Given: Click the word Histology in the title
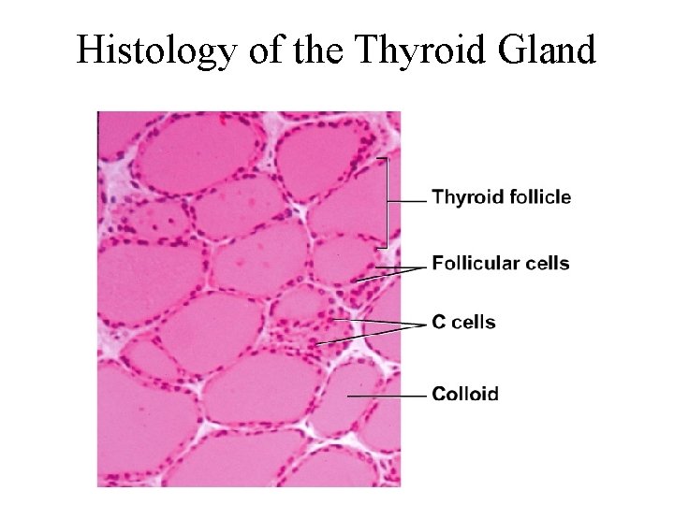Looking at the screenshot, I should coord(154,50).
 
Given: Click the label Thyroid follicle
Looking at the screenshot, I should coord(501,197).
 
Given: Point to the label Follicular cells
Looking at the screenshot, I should coord(500,264).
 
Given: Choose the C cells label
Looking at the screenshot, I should coord(463,323).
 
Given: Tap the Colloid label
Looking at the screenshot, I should coord(464,394).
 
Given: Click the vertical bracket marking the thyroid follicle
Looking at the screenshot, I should coord(386,202).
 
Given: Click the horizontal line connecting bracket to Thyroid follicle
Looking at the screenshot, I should coord(406,200).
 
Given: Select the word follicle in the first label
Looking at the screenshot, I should coord(541,197).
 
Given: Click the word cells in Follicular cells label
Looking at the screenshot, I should coord(546,264).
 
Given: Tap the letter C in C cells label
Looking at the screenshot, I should coord(438,323).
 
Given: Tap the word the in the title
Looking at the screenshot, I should coord(312,50).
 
